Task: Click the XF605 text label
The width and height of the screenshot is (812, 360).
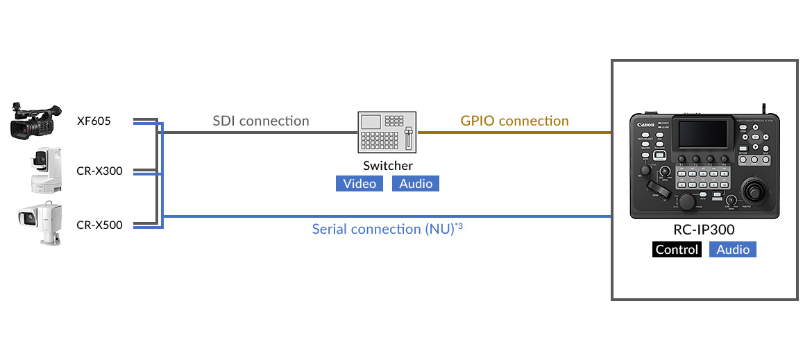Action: [x=94, y=121]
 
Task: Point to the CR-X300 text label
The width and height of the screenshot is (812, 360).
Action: [x=99, y=171]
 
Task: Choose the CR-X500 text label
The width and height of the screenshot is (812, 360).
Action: [x=99, y=225]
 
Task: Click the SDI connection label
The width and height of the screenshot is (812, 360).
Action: [x=261, y=121]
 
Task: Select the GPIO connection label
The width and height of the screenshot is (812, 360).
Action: [x=514, y=121]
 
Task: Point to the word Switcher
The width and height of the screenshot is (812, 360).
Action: [x=388, y=166]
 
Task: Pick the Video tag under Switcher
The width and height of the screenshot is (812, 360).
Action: [x=360, y=184]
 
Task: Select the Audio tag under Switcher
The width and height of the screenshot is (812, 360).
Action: [x=416, y=184]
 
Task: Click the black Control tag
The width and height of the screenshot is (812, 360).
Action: [x=677, y=250]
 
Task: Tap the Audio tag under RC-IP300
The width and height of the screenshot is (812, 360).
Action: [x=733, y=250]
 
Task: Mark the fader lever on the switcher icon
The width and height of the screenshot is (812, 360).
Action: [x=409, y=139]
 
